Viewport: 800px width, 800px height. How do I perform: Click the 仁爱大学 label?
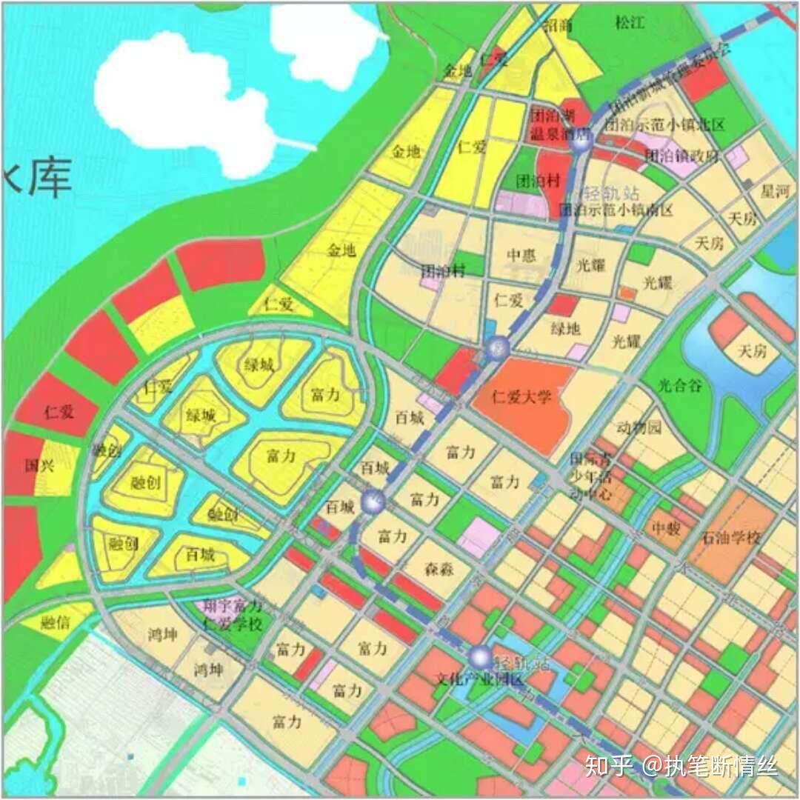[522, 397]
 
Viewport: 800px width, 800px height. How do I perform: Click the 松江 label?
[630, 23]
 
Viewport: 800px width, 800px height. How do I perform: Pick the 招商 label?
[558, 26]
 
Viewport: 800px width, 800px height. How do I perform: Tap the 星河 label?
[776, 192]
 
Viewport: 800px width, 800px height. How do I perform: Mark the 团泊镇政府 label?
[681, 156]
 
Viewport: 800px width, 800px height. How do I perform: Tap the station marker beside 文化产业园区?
[481, 656]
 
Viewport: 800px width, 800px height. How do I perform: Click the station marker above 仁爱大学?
[497, 347]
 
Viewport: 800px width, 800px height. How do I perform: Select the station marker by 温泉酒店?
[581, 144]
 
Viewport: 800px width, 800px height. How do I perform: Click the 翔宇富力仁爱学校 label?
[233, 616]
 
